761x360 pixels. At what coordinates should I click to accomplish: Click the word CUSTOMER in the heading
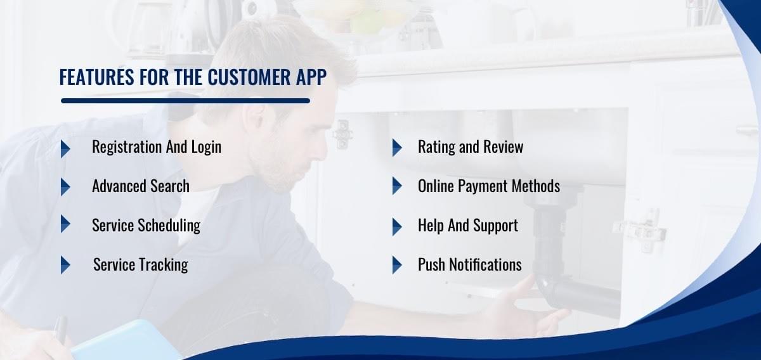coord(249,77)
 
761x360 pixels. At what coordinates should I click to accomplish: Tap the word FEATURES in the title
coord(97,77)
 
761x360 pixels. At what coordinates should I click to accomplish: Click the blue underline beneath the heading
coord(185,101)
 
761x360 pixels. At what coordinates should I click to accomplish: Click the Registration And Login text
coord(157,147)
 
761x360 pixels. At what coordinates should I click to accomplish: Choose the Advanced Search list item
coord(141,186)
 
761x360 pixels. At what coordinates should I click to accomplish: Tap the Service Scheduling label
coord(146,226)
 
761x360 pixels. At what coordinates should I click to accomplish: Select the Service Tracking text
coord(140,265)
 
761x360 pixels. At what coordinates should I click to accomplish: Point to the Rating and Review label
coord(471,147)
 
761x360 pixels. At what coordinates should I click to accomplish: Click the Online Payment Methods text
coord(489,186)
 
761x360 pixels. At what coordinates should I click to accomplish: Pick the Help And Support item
coord(468,226)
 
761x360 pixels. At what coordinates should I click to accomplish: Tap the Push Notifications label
coord(469,264)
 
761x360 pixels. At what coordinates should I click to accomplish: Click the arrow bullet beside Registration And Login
coord(65,149)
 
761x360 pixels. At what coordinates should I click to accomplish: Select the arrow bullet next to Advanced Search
coord(65,187)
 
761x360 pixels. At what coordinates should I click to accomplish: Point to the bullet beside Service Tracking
coord(65,265)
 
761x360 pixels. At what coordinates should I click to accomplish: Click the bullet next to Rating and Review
coord(397,148)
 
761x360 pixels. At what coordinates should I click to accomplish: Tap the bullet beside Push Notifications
coord(397,265)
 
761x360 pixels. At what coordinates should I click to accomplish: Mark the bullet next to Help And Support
coord(397,227)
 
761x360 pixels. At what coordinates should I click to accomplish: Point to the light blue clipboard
coord(126,342)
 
